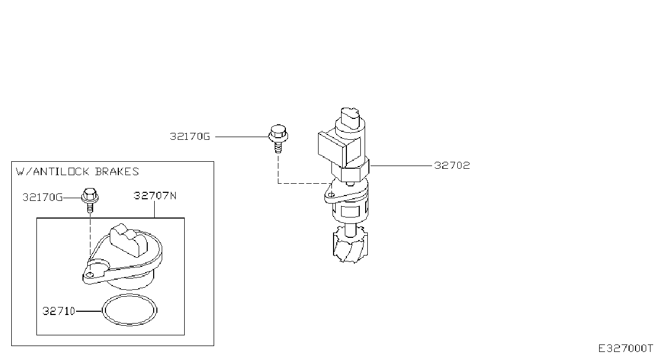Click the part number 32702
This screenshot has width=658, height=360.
click(452, 166)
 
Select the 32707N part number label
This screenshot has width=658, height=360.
click(155, 196)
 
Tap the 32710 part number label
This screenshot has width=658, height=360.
click(59, 311)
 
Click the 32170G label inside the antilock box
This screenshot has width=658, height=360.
click(43, 197)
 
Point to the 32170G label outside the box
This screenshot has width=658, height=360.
click(190, 137)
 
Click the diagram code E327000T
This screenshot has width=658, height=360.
click(625, 348)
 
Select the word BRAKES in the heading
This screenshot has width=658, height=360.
click(117, 171)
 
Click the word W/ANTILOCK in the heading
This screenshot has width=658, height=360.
click(52, 171)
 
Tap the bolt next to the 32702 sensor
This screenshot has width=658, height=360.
click(278, 139)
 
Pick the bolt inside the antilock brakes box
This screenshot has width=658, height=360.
click(90, 200)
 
